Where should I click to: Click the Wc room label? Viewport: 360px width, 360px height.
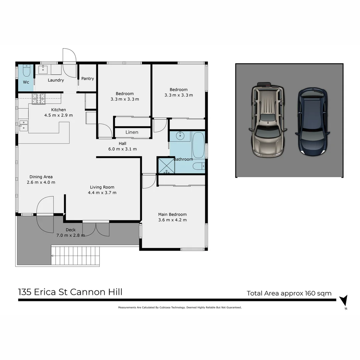point(26,82)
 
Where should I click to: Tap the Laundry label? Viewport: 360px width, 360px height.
point(56,80)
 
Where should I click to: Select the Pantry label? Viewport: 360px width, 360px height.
point(88,79)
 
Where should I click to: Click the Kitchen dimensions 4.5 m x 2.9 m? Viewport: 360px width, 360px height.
point(58,115)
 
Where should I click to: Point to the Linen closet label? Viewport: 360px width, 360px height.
point(132,132)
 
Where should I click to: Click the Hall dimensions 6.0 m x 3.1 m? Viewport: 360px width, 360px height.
point(122,149)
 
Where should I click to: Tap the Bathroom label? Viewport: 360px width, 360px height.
point(183,159)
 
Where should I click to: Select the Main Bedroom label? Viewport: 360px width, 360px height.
point(172,214)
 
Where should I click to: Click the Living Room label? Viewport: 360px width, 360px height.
point(102,187)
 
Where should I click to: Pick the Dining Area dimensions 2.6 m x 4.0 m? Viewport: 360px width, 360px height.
point(41,182)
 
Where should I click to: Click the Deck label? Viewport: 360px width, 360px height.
point(71,230)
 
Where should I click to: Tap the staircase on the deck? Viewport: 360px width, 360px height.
point(75,256)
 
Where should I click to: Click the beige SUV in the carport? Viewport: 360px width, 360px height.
point(268,119)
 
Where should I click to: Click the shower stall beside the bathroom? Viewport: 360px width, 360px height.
point(166,165)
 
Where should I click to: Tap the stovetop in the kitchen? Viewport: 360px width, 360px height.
point(38,99)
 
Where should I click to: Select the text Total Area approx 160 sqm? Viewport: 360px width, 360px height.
point(289,293)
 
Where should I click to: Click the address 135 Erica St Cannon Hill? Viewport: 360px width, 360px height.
point(70,292)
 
